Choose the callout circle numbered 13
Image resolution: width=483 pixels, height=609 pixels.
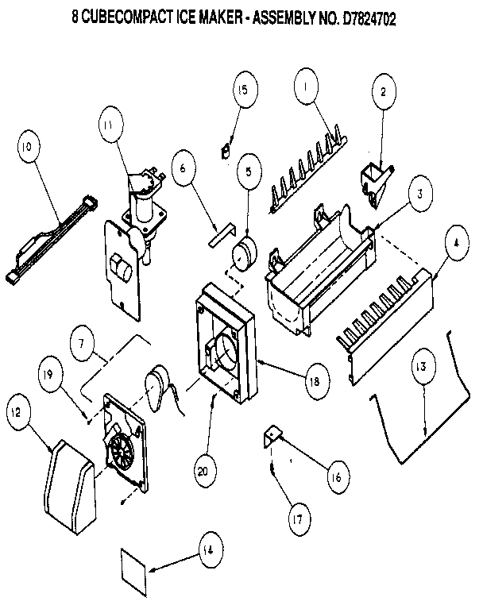[x=422, y=366]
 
